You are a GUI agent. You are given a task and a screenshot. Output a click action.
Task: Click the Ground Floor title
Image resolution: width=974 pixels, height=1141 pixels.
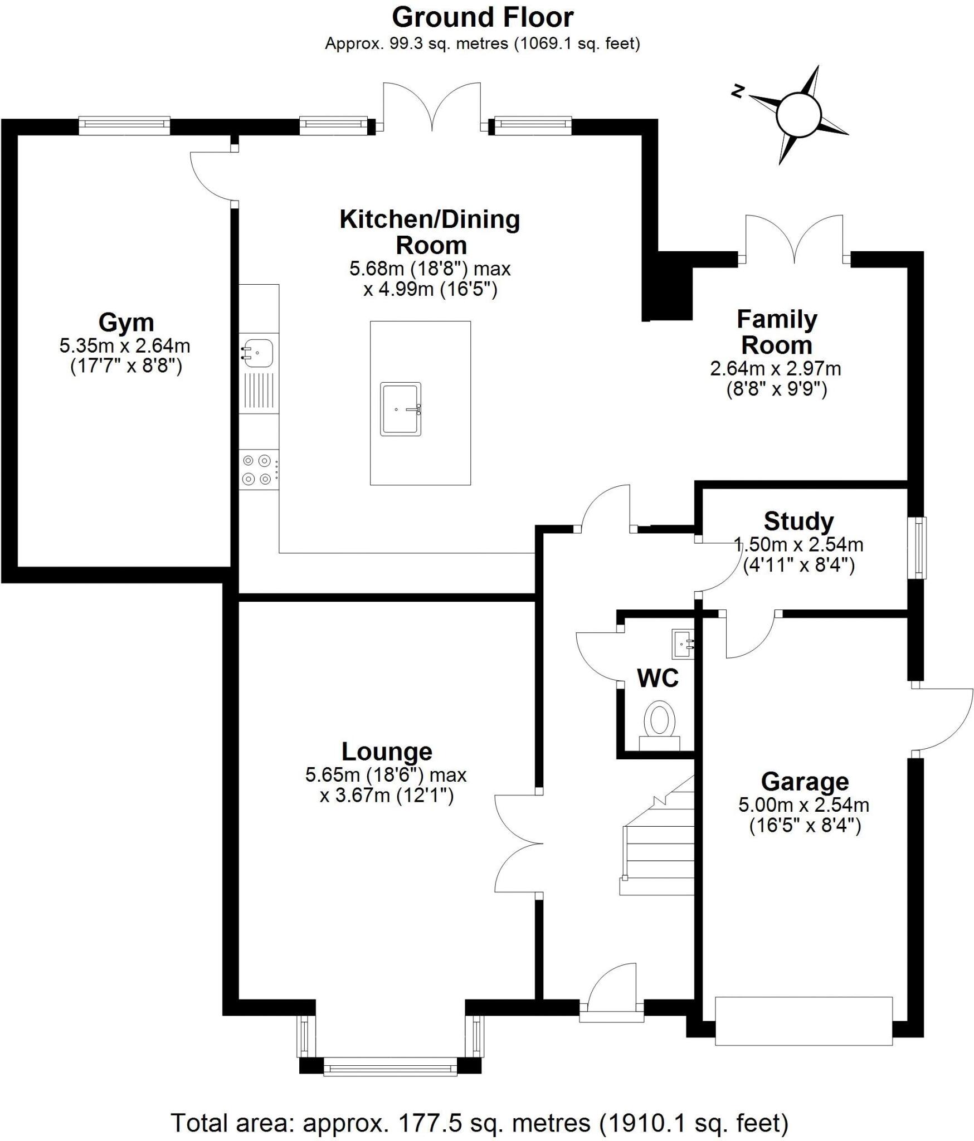(x=483, y=18)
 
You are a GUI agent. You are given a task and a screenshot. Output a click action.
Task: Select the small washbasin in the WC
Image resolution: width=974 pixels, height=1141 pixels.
(x=683, y=644)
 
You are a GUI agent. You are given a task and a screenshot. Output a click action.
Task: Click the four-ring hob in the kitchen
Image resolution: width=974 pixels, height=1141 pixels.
(x=257, y=470)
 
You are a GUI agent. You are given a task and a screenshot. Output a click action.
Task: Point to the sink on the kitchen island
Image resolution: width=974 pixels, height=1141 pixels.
(x=401, y=409)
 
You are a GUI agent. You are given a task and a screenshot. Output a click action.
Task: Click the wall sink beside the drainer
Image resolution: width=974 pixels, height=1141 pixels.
(x=257, y=352)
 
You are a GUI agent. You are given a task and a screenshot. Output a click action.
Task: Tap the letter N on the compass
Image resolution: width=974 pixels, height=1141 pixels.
(x=738, y=91)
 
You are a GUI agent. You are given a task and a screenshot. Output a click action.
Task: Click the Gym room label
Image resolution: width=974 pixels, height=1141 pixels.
(x=126, y=323)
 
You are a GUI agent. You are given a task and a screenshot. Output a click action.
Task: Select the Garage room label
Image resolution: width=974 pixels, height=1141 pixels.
(x=805, y=782)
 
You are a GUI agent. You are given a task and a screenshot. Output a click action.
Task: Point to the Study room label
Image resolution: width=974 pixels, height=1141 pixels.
(x=798, y=522)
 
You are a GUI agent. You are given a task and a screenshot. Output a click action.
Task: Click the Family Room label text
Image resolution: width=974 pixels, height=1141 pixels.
(x=777, y=333)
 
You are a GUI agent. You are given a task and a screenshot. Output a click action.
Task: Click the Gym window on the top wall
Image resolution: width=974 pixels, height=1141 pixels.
(x=124, y=126)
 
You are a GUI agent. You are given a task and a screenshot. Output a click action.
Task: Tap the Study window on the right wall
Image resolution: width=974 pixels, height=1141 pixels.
(x=916, y=548)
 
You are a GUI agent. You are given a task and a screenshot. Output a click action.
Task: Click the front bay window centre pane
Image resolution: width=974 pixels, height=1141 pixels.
(x=390, y=1069)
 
